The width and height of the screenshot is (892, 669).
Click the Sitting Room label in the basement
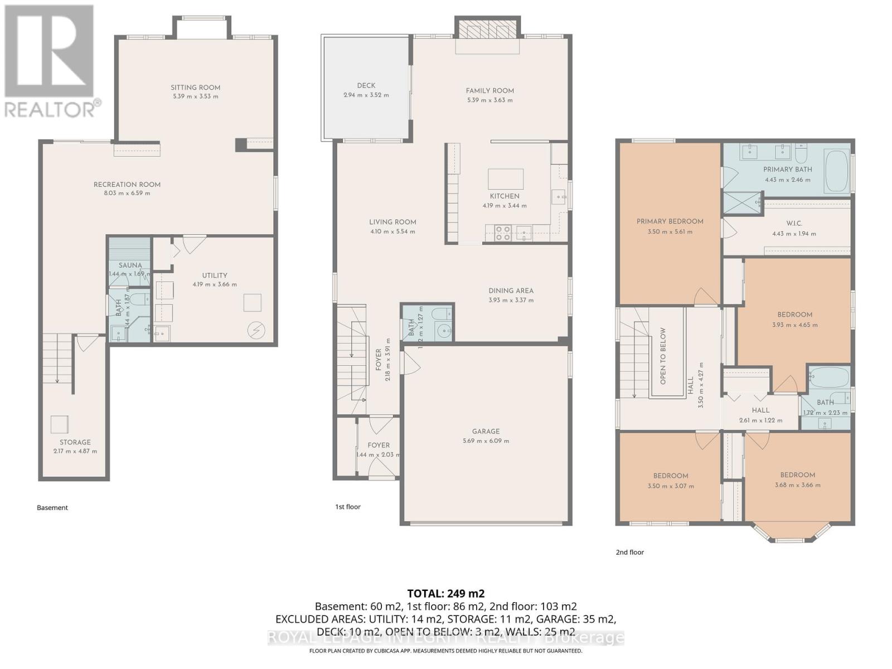pyautogui.click(x=195, y=88)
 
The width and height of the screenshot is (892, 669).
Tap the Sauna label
pyautogui.click(x=130, y=265)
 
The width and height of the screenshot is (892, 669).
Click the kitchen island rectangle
pyautogui.click(x=506, y=180)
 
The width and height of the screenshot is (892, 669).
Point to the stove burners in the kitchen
pyautogui.click(x=503, y=232)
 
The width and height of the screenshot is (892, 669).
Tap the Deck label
pyautogui.click(x=366, y=85)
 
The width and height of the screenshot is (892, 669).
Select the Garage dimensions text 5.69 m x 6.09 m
pyautogui.click(x=486, y=440)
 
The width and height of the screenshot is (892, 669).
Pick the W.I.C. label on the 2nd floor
pyautogui.click(x=794, y=223)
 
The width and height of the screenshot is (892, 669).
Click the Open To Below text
pyautogui.click(x=663, y=356)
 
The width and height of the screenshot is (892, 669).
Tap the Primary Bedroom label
pyautogui.click(x=670, y=221)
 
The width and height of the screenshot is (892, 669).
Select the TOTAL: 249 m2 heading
pyautogui.click(x=445, y=593)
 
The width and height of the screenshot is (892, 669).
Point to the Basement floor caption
pyautogui.click(x=52, y=507)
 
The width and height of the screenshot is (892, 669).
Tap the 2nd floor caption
pyautogui.click(x=629, y=552)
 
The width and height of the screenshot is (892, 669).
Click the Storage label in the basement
pyautogui.click(x=75, y=442)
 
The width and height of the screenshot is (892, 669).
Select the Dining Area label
pyautogui.click(x=511, y=290)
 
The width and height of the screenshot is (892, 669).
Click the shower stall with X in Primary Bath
pyautogui.click(x=742, y=203)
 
